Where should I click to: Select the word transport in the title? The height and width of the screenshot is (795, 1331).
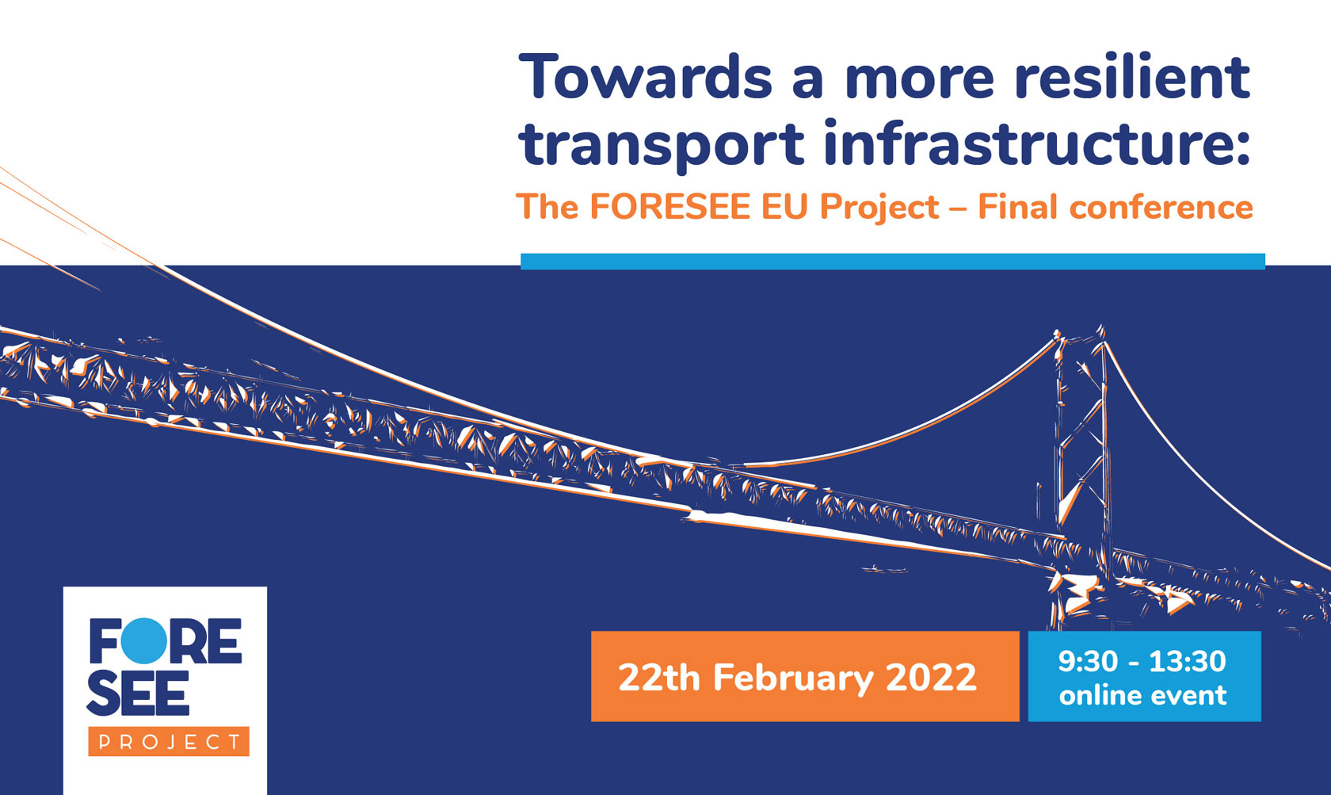pos(662,144)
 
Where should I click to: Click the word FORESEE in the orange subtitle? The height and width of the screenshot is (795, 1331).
pos(669,208)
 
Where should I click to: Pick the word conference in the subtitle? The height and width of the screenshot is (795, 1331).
pos(1161,208)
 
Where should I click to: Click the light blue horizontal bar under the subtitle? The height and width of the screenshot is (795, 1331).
pos(892,262)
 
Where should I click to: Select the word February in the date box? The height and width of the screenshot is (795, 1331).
pos(792,678)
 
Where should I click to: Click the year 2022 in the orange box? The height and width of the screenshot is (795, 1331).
pos(931,678)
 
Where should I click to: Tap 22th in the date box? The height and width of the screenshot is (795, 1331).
pos(658,678)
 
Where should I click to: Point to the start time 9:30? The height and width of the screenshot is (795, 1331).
pos(1088,661)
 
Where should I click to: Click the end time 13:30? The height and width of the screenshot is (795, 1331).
pos(1187,661)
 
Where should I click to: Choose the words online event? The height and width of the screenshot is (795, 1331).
pos(1142,696)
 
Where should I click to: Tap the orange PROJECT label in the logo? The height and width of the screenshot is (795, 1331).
pos(169,742)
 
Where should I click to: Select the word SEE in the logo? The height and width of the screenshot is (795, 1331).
pos(138,694)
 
